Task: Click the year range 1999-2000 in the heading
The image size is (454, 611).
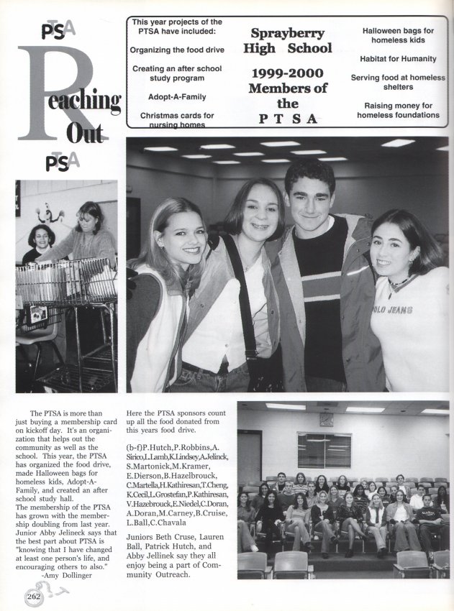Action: coord(288,74)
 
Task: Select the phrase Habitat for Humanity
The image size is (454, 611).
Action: coord(398,58)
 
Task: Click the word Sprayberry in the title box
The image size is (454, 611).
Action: coord(288,33)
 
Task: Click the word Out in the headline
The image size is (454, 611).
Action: coord(83,134)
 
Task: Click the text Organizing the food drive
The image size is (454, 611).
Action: coord(177,50)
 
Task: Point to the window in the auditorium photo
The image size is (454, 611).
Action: coord(324,450)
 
